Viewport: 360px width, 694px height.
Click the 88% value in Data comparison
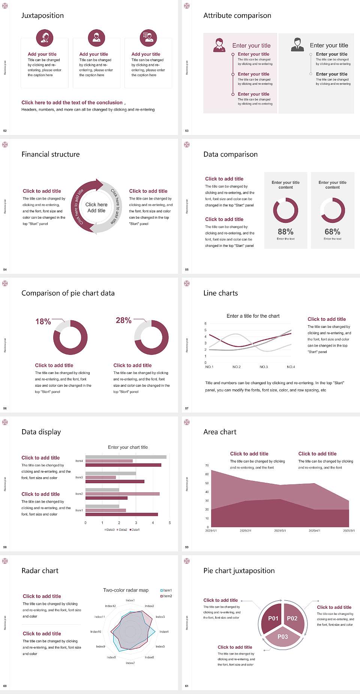coord(285,231)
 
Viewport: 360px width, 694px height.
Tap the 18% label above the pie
coord(43,321)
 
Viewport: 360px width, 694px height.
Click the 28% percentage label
coord(123,320)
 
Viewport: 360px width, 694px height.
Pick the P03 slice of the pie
coord(283,637)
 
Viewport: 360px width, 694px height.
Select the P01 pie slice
coord(273,618)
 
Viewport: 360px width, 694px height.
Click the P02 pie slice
coord(292,618)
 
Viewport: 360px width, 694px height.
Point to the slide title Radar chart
coord(40,571)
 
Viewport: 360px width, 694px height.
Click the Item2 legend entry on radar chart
coord(166,596)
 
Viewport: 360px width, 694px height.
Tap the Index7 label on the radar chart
coord(130,663)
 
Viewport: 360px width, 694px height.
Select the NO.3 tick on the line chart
coord(264,367)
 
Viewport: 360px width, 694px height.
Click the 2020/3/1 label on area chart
coord(280,530)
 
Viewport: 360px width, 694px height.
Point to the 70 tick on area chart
coord(207,466)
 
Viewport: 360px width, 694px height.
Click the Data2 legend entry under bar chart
coord(122,530)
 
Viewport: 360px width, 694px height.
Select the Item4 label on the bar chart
coord(79,461)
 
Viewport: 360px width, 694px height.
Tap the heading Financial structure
coord(51,154)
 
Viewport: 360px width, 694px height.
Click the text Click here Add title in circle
coord(96,207)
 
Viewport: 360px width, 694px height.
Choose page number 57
coord(187,408)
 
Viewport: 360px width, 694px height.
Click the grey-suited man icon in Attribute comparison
coord(297,44)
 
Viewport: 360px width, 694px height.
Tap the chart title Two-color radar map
coord(126,590)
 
